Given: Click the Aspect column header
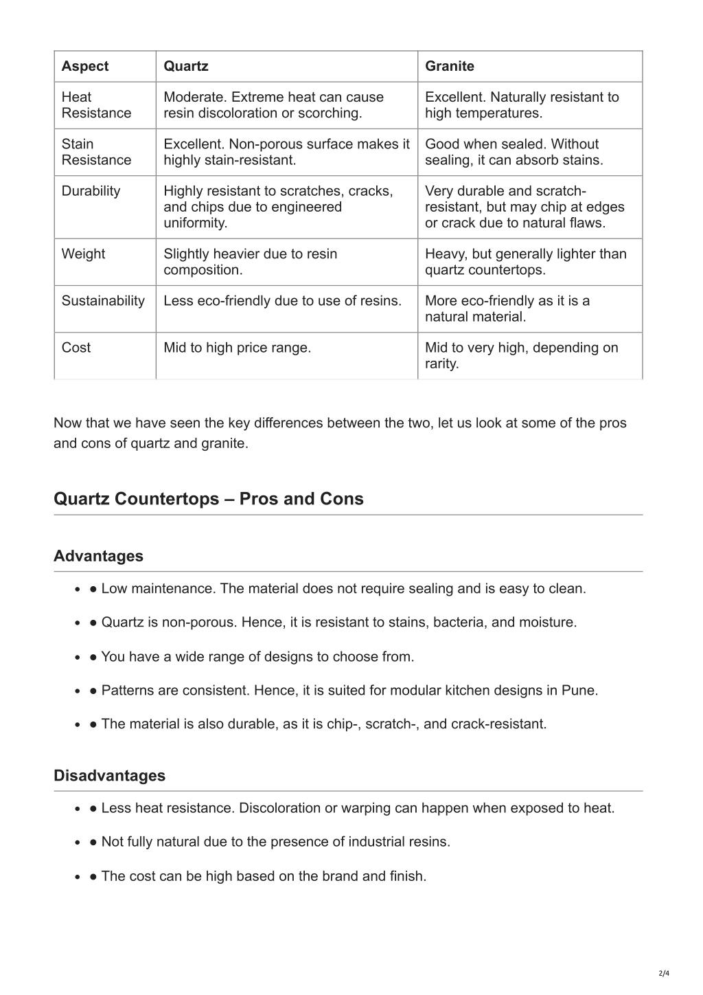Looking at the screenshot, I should coord(85,67).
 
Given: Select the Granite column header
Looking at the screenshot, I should coord(450,67).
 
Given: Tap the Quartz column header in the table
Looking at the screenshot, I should coord(186,67).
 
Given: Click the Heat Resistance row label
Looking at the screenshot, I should coord(96,105).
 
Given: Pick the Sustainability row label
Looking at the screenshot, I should coord(103,301).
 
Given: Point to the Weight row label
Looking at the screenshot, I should coord(84,254).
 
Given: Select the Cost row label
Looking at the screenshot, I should coord(76,348).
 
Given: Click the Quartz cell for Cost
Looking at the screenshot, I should coord(238,348).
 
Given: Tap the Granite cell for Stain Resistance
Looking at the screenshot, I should coord(514,152).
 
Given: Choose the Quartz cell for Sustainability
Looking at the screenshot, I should coord(282,301).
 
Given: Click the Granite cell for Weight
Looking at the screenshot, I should coord(525,262).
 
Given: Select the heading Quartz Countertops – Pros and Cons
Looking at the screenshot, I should coord(209,499).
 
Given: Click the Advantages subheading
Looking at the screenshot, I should coord(99,557).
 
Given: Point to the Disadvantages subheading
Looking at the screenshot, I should coord(110,776).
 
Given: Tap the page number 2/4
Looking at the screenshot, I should coord(664,973).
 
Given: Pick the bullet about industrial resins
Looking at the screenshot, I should coord(275,842).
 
